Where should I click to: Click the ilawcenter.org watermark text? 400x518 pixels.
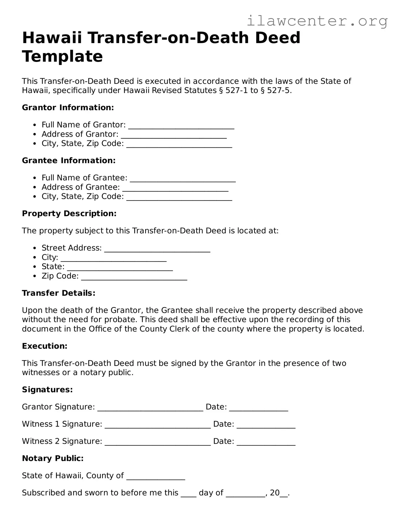click(x=317, y=21)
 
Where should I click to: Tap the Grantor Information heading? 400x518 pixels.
click(x=68, y=108)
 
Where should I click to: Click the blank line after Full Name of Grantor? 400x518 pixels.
click(x=181, y=125)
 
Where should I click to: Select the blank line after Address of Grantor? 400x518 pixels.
click(x=174, y=135)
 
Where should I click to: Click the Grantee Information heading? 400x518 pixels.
click(x=69, y=161)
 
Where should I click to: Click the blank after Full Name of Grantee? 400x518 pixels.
click(x=183, y=178)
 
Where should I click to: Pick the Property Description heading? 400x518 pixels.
click(x=69, y=214)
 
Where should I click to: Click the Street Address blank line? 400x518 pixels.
click(x=157, y=249)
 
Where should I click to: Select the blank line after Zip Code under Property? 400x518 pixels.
click(x=134, y=277)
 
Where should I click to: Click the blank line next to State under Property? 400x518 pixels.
click(x=120, y=267)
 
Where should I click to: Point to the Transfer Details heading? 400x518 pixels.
click(x=58, y=293)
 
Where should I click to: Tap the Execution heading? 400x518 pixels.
click(x=45, y=346)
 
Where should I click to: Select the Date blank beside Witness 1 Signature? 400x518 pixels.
click(x=266, y=425)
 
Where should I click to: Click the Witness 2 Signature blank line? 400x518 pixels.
click(x=158, y=442)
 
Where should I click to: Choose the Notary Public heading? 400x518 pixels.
click(x=53, y=458)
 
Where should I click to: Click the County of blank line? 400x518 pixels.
click(x=156, y=476)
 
